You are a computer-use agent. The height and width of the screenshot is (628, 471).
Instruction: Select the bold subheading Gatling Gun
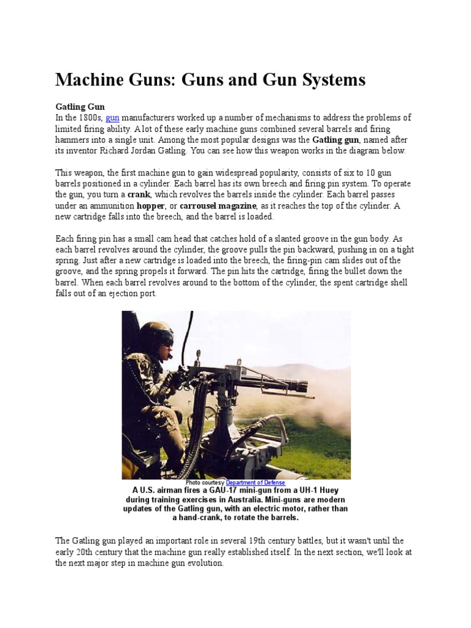[80, 107]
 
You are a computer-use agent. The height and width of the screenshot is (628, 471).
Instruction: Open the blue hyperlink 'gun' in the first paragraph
[112, 118]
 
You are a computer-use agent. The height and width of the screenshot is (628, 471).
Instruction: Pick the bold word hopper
[151, 206]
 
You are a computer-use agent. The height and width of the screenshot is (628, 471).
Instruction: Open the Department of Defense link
[255, 483]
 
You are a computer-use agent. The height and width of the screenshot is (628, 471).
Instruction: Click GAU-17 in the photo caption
[225, 491]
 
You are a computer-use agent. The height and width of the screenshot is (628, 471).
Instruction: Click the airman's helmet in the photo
[155, 334]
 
